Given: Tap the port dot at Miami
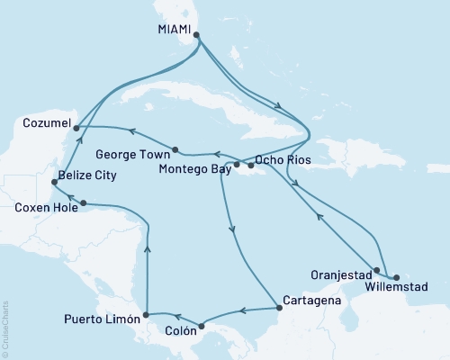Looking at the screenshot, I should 196,36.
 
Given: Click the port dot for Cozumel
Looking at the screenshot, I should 76,128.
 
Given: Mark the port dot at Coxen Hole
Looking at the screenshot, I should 84,202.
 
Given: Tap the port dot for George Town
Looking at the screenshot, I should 175,149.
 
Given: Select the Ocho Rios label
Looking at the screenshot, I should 282,160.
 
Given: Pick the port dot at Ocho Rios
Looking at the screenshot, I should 251,166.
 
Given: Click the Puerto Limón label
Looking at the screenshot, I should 101,318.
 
